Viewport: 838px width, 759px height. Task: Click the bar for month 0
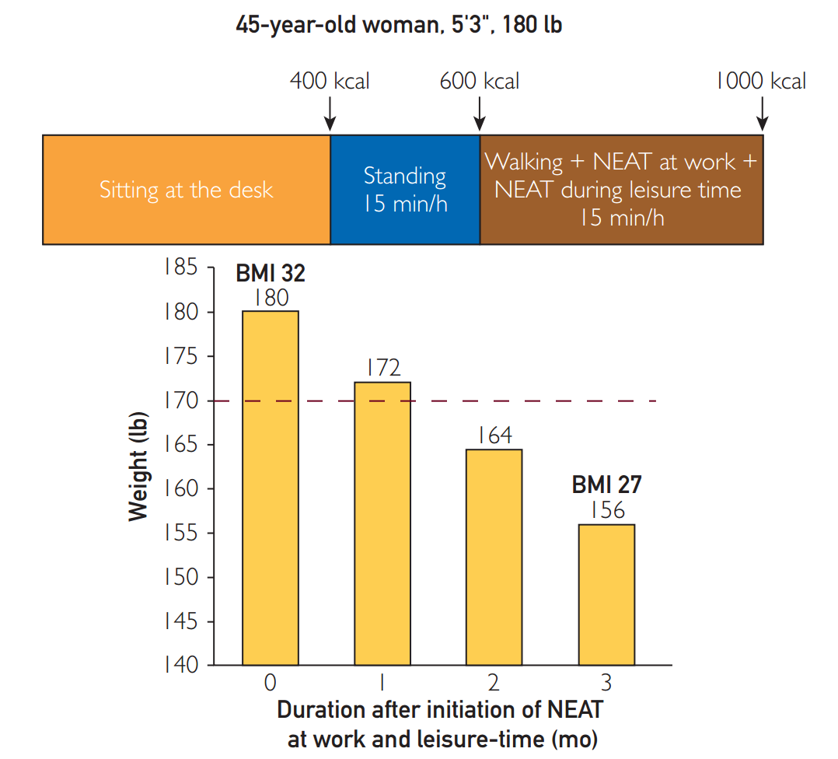click(270, 488)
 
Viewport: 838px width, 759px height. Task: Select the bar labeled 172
click(382, 523)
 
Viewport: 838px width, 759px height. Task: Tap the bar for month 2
click(494, 557)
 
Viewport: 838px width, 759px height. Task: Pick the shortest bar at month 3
click(606, 595)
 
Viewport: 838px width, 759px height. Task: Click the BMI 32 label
click(271, 274)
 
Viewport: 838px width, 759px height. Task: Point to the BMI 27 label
click(606, 484)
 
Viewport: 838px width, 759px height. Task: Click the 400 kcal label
click(330, 81)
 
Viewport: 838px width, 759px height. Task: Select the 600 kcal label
click(480, 81)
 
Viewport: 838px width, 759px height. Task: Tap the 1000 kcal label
click(761, 81)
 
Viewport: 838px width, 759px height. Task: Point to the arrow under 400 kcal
click(330, 114)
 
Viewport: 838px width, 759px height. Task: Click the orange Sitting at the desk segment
click(187, 190)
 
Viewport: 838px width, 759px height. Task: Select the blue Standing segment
click(405, 190)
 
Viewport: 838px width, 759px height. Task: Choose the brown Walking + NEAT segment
click(621, 190)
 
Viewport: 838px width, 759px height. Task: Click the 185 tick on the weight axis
click(180, 268)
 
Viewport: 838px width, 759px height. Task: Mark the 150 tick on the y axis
click(180, 578)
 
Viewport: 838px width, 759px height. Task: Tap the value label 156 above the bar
click(606, 510)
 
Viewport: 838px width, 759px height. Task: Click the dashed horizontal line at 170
click(544, 401)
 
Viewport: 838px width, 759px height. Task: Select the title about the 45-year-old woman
click(399, 25)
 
